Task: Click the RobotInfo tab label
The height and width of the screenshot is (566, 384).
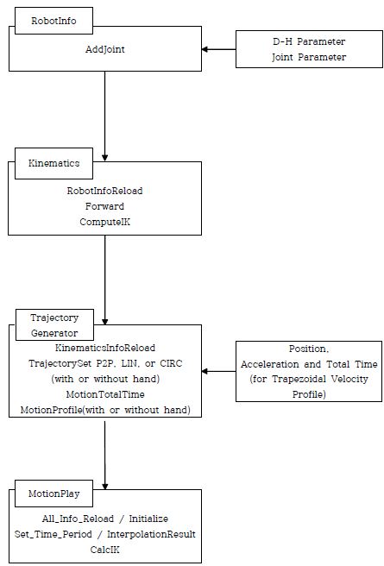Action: [x=54, y=21]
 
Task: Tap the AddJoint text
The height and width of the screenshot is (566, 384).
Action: [x=105, y=49]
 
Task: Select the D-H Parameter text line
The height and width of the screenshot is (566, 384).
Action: [x=309, y=41]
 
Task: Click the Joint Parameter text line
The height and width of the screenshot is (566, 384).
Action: [x=309, y=57]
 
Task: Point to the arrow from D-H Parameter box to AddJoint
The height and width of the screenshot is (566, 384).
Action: [x=218, y=49]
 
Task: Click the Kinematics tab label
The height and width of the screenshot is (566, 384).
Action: [x=54, y=163]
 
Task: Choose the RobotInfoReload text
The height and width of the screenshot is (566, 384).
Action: [x=104, y=191]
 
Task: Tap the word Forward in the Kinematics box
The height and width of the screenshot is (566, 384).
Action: [x=104, y=206]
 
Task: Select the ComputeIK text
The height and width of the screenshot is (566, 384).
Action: [x=104, y=222]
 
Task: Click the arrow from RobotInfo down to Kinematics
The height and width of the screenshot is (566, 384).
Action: [x=104, y=116]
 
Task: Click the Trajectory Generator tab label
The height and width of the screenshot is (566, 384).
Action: [x=54, y=325]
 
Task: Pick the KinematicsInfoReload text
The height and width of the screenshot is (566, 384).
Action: [x=105, y=348]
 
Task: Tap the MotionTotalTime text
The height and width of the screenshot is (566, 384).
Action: [x=105, y=394]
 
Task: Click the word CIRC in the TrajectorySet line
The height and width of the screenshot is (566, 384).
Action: [x=171, y=363]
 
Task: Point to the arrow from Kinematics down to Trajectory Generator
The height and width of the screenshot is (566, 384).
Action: [x=104, y=280]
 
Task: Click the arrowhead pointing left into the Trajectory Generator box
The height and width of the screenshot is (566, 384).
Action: [x=205, y=371]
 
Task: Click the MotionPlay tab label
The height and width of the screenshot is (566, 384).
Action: [x=54, y=494]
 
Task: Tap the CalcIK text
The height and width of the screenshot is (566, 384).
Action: [x=104, y=550]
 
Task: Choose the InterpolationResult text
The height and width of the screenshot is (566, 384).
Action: [x=151, y=534]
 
